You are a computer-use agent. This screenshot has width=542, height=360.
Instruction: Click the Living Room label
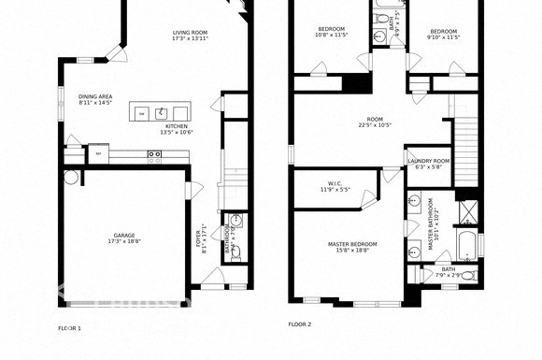189,34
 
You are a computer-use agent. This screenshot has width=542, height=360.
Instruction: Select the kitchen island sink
162,112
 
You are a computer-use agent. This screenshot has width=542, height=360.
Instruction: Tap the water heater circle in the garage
69,176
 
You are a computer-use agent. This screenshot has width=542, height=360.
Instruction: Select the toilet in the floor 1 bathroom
235,252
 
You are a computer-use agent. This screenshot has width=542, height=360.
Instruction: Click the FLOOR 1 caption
70,328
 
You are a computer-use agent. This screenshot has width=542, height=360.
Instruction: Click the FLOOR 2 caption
299,324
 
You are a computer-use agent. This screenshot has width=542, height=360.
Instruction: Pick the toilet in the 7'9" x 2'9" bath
467,274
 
